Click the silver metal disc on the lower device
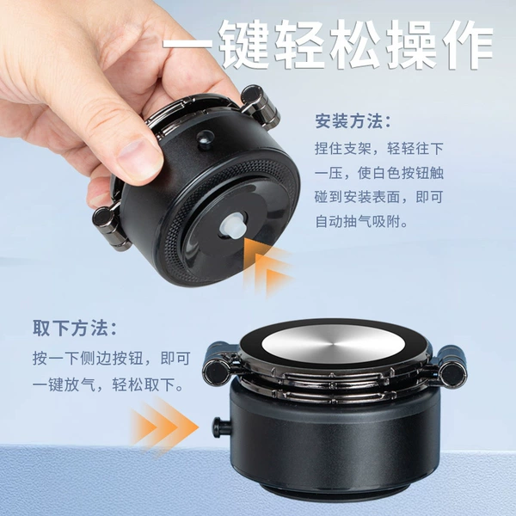click(x=334, y=344)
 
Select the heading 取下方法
click(x=75, y=328)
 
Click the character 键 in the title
click(x=243, y=44)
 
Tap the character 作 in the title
click(x=467, y=44)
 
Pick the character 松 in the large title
click(x=355, y=44)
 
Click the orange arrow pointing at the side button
click(x=164, y=427)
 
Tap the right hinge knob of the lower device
click(x=450, y=366)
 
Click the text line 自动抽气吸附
click(x=362, y=222)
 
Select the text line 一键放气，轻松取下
click(x=108, y=384)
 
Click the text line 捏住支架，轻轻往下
click(x=379, y=149)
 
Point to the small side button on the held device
click(x=205, y=138)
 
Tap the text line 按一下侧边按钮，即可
click(x=112, y=358)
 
